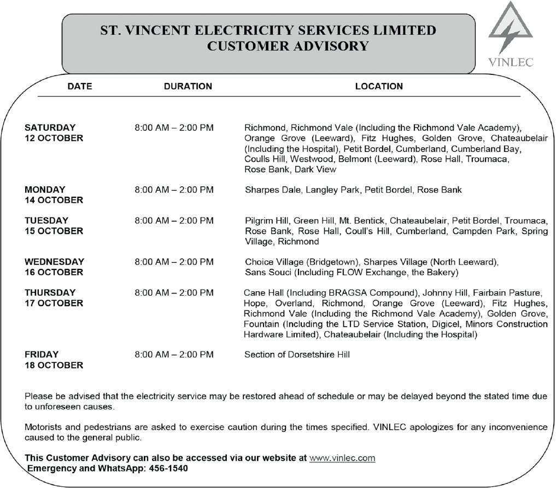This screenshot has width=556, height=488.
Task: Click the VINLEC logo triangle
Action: (x=510, y=30)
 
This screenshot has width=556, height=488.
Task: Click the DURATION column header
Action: (x=188, y=86)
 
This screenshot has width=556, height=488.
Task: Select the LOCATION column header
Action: (x=379, y=86)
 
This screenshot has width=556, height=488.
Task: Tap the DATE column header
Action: (x=80, y=86)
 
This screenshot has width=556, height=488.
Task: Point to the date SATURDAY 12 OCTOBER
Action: (x=54, y=133)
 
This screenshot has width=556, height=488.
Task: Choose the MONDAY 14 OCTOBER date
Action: (x=54, y=195)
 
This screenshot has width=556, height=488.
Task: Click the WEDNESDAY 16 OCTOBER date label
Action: (x=54, y=267)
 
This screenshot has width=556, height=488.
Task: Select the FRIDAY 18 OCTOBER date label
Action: (x=54, y=360)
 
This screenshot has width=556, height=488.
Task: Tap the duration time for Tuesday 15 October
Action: (x=174, y=221)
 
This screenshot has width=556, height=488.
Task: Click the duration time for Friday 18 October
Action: (x=174, y=355)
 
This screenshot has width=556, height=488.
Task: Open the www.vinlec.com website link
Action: (x=342, y=458)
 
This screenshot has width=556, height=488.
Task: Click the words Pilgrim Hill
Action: (x=266, y=221)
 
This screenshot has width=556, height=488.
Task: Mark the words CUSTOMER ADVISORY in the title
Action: (x=288, y=46)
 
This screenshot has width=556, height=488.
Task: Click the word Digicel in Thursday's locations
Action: (x=439, y=324)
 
